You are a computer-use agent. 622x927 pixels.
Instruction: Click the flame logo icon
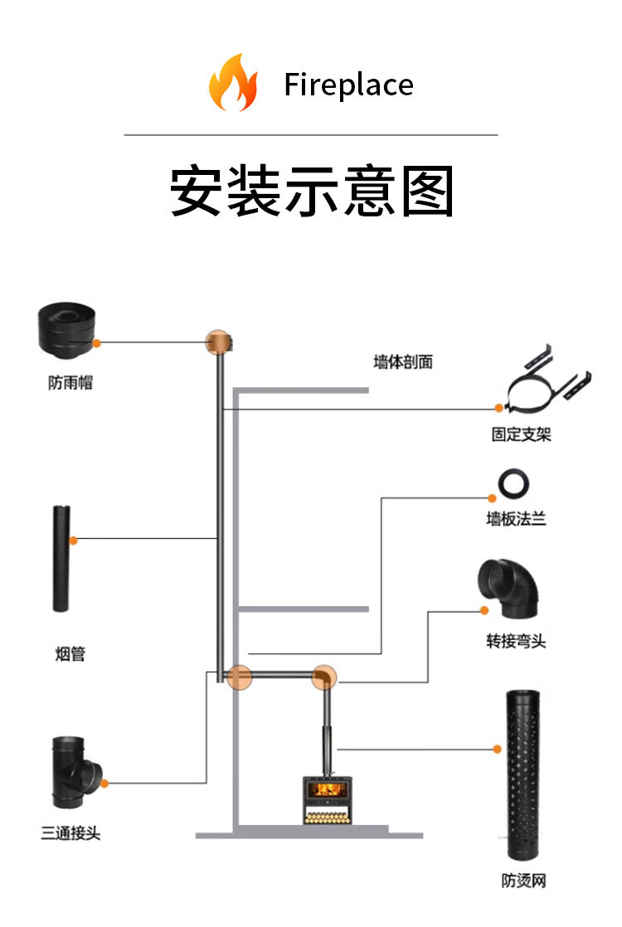tap(233, 82)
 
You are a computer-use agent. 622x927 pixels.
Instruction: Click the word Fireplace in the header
tap(348, 85)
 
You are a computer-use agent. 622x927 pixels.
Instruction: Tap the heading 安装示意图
tap(311, 192)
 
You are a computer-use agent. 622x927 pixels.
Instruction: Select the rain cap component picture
tap(66, 337)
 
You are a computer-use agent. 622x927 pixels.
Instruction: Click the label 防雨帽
tap(70, 384)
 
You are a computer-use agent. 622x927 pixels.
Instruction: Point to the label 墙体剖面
tap(403, 362)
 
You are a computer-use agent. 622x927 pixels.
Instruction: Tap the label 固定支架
tap(521, 434)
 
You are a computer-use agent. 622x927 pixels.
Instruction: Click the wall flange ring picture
tap(513, 483)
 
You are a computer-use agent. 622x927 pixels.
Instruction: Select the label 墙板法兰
tap(516, 520)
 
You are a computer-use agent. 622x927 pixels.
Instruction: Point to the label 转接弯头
tap(516, 641)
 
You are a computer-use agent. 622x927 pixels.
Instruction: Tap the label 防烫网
tap(523, 881)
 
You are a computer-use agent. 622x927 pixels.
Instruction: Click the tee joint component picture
tap(75, 772)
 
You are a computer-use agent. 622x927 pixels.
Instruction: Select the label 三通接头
tap(70, 833)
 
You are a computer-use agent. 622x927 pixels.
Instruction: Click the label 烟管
tap(70, 654)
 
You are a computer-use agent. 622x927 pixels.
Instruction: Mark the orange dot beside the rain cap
tap(96, 342)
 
